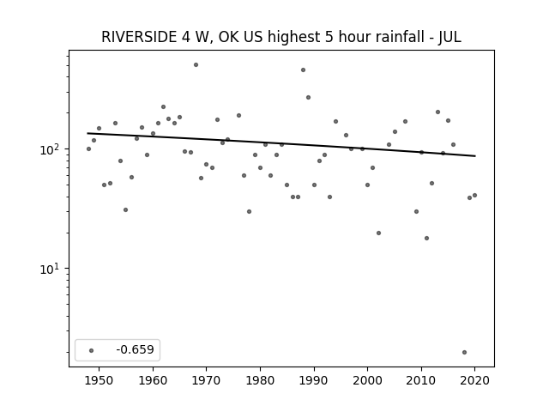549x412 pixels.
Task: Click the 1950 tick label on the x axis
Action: coord(99,380)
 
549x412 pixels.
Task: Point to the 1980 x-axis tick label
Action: coord(260,380)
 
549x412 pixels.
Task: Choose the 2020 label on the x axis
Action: coord(474,380)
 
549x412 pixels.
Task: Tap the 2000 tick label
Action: coord(367,380)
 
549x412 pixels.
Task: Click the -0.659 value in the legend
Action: coord(135,349)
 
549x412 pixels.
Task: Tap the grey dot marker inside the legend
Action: coord(92,350)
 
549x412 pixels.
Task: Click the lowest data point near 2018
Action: coord(464,353)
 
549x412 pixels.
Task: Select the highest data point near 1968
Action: coord(196,65)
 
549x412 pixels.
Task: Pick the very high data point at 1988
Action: coord(303,70)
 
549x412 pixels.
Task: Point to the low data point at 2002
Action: coord(378,233)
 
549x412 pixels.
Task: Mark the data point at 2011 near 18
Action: coord(426,239)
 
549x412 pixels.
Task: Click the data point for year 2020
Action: coord(474,195)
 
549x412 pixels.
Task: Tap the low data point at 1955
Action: coord(126,209)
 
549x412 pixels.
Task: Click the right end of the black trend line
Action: coord(475,156)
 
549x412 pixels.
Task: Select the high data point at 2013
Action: coord(437,112)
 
